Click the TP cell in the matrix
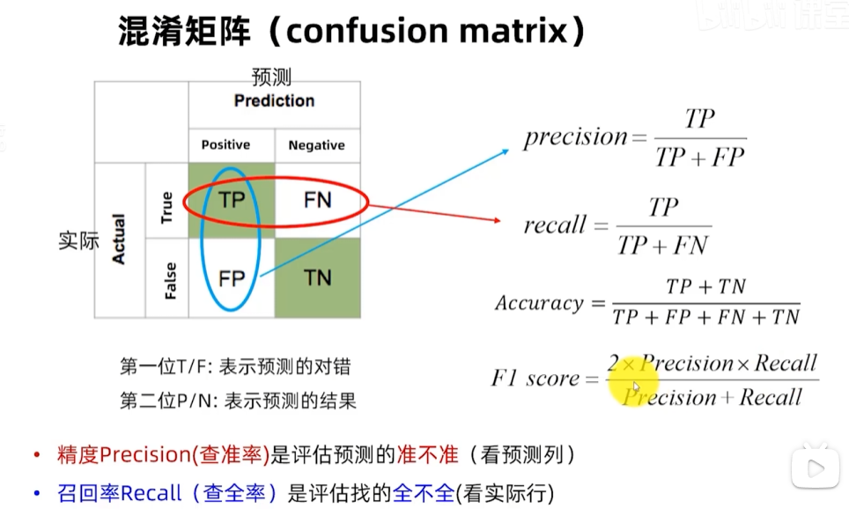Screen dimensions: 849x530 232,201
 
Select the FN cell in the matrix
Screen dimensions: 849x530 317,201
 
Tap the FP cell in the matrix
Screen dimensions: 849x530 232,278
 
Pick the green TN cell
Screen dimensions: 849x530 317,277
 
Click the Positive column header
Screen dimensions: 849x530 225,144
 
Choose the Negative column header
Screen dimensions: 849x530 317,145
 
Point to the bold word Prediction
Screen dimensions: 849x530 274,100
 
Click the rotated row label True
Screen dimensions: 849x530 166,208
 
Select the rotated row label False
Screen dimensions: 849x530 170,281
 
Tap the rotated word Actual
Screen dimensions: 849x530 118,239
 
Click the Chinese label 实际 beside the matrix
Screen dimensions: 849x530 78,240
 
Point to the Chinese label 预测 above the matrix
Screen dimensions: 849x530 271,77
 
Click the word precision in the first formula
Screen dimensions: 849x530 575,136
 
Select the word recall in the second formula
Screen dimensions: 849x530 555,225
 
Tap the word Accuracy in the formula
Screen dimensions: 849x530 539,303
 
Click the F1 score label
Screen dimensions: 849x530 535,378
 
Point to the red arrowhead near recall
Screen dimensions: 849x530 497,220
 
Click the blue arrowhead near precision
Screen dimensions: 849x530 505,151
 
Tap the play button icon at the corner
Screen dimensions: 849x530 815,467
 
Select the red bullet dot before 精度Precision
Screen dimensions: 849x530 37,454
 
